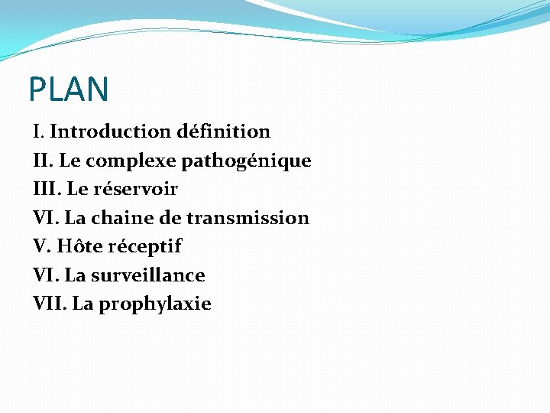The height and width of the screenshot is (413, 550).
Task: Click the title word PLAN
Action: coord(69,89)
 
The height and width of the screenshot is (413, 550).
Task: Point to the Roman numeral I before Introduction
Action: coord(38,132)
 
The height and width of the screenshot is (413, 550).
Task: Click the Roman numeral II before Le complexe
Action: coord(43,161)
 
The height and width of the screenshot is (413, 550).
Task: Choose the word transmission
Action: coord(247,218)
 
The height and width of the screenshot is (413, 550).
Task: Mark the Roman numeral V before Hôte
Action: coord(41,246)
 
